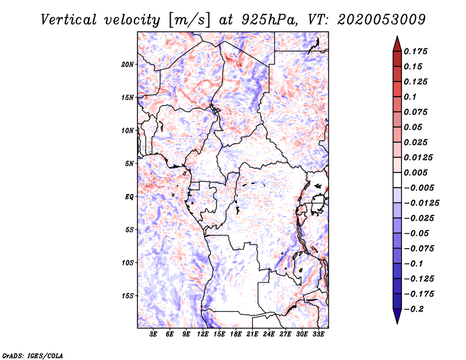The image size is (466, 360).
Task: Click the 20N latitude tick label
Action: pos(128,64)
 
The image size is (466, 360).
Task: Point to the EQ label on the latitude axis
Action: pos(129,196)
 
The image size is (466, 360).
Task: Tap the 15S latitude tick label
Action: pos(128,296)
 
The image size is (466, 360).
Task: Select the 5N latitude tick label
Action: pos(129,164)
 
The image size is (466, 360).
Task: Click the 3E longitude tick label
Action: pos(154,334)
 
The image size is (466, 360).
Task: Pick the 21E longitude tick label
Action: pos(252,334)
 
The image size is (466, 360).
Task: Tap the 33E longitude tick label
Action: pos(317,334)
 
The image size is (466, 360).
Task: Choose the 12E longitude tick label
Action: pos(203,334)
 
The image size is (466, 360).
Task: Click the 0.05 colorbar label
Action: pos(414,127)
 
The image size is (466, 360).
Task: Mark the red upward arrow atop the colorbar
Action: pos(397,43)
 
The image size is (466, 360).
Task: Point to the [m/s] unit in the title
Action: pos(188,20)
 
